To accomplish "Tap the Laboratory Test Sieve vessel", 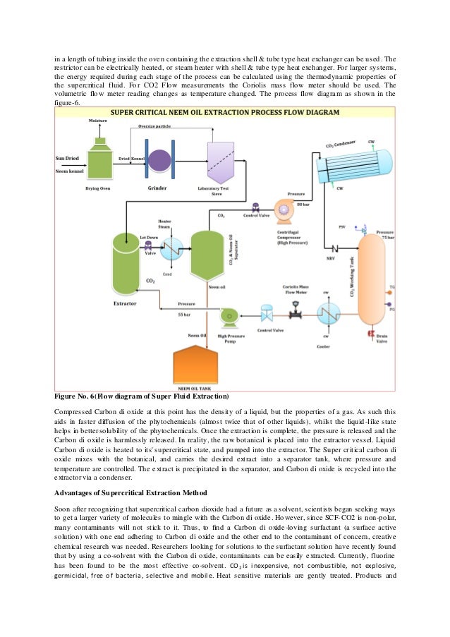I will [221, 160].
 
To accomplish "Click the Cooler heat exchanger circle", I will [329, 313].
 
